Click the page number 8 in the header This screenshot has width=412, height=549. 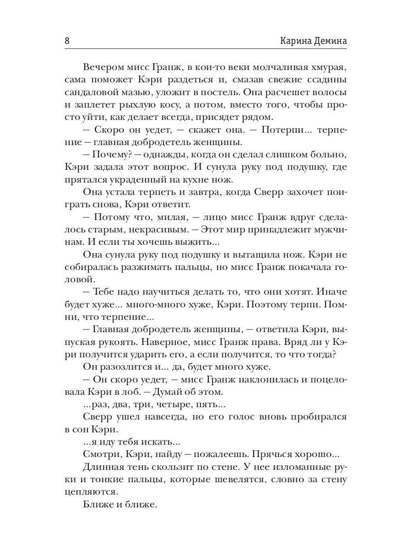pyautogui.click(x=67, y=40)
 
